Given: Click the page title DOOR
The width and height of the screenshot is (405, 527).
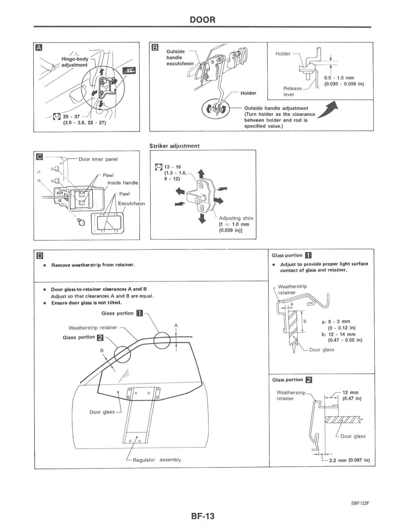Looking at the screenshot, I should click(x=202, y=20).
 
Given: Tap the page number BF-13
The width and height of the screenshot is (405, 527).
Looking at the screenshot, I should click(x=203, y=516).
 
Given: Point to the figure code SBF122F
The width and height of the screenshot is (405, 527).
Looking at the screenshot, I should click(x=360, y=503).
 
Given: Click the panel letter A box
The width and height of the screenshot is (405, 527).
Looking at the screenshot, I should click(x=39, y=47).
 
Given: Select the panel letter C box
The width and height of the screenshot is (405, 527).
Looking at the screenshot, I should click(x=39, y=157).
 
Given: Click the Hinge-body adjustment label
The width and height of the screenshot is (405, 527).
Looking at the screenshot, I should click(x=75, y=62).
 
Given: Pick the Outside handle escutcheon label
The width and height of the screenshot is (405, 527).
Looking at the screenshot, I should click(x=179, y=57).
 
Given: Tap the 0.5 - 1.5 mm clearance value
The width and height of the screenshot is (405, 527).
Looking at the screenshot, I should click(x=339, y=78).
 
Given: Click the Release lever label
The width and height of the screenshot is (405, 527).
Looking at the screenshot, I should click(x=292, y=91).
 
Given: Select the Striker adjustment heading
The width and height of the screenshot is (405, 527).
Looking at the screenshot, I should click(x=174, y=146).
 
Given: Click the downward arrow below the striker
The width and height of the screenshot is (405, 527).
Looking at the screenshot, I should click(x=202, y=218).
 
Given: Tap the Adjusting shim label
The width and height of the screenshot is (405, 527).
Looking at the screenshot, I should click(x=236, y=218).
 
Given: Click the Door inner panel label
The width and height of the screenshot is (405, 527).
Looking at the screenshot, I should click(x=98, y=159).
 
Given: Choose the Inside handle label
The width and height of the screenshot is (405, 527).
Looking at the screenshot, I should click(x=123, y=183).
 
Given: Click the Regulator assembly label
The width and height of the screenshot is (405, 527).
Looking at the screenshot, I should click(x=157, y=460).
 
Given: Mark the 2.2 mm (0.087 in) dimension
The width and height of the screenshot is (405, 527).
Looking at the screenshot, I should click(x=349, y=460).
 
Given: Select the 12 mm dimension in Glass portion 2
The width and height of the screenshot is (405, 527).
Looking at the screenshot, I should click(x=351, y=393).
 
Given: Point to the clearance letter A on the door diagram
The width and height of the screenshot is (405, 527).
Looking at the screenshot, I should click(x=176, y=325).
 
